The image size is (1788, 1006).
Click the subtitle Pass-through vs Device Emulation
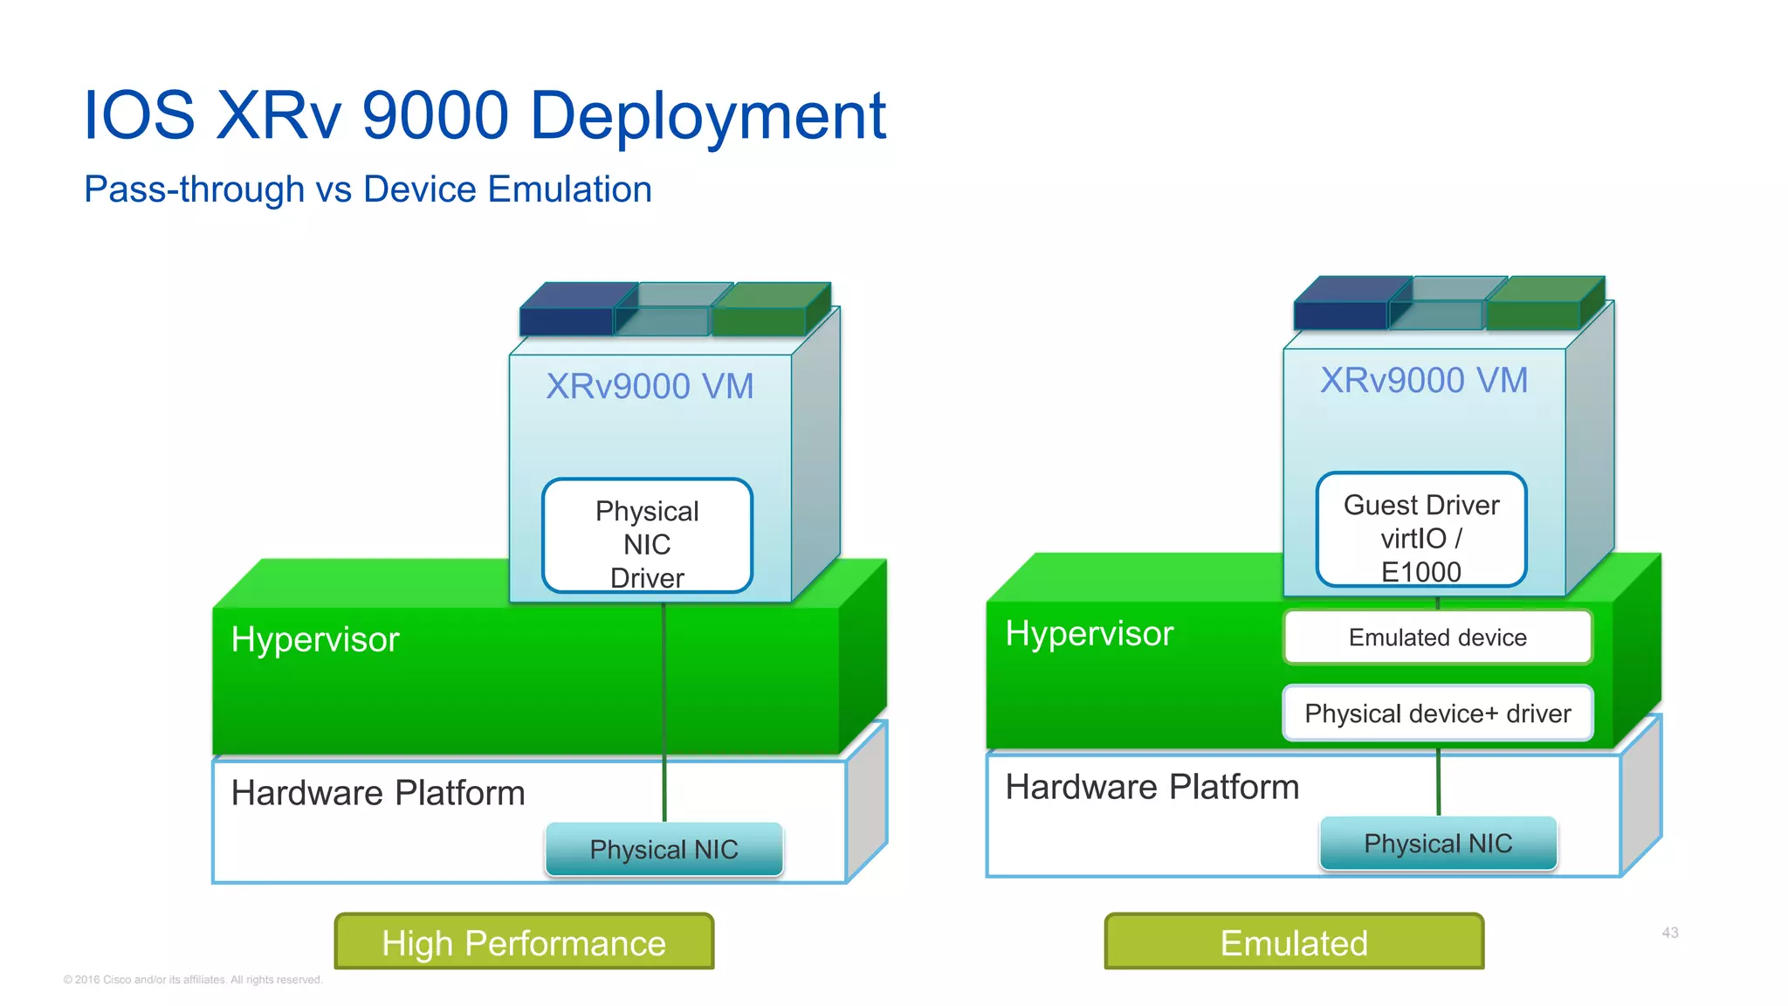tap(368, 189)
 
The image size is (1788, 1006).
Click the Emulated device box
tap(1437, 637)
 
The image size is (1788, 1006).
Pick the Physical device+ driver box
tap(1437, 713)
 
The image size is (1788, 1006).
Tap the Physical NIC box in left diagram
tap(664, 849)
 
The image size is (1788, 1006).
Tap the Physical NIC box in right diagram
tap(1438, 843)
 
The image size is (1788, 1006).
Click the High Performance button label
tap(524, 942)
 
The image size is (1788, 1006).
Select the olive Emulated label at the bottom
tap(1294, 942)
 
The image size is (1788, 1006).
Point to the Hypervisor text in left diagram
tap(315, 639)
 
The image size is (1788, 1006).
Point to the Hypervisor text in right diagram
tap(1089, 633)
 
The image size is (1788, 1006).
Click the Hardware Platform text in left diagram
tap(378, 793)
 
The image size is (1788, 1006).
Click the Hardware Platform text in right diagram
tap(1152, 787)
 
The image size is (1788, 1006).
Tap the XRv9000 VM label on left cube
tap(650, 386)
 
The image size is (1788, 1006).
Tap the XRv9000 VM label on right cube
tap(1424, 380)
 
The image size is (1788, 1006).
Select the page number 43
tap(1669, 933)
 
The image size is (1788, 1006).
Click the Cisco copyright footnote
tap(193, 980)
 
